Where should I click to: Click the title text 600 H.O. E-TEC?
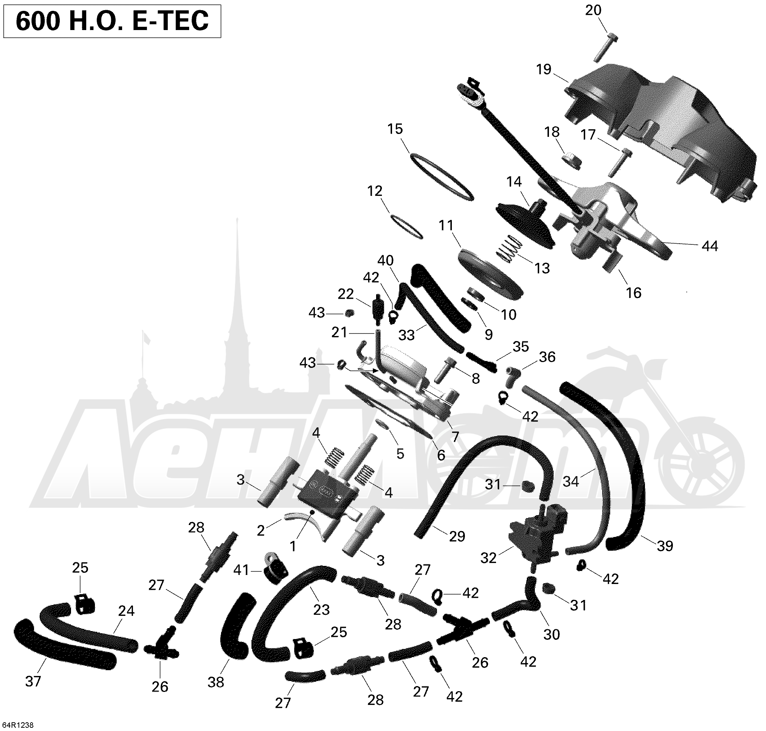pyautogui.click(x=112, y=21)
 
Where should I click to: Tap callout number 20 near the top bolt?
pyautogui.click(x=593, y=10)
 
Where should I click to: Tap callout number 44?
pyautogui.click(x=709, y=246)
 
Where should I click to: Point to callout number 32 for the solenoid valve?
pyautogui.click(x=488, y=558)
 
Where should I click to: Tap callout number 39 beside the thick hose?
pyautogui.click(x=665, y=546)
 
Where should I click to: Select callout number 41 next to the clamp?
pyautogui.click(x=241, y=571)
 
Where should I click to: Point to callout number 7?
pyautogui.click(x=455, y=436)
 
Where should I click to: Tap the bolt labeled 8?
pyautogui.click(x=444, y=369)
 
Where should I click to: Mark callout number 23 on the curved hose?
pyautogui.click(x=321, y=609)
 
